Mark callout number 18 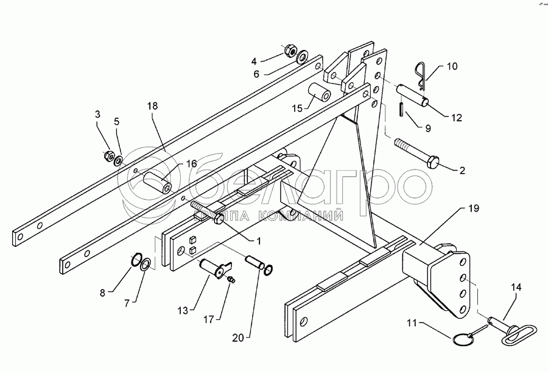tap(152, 105)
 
